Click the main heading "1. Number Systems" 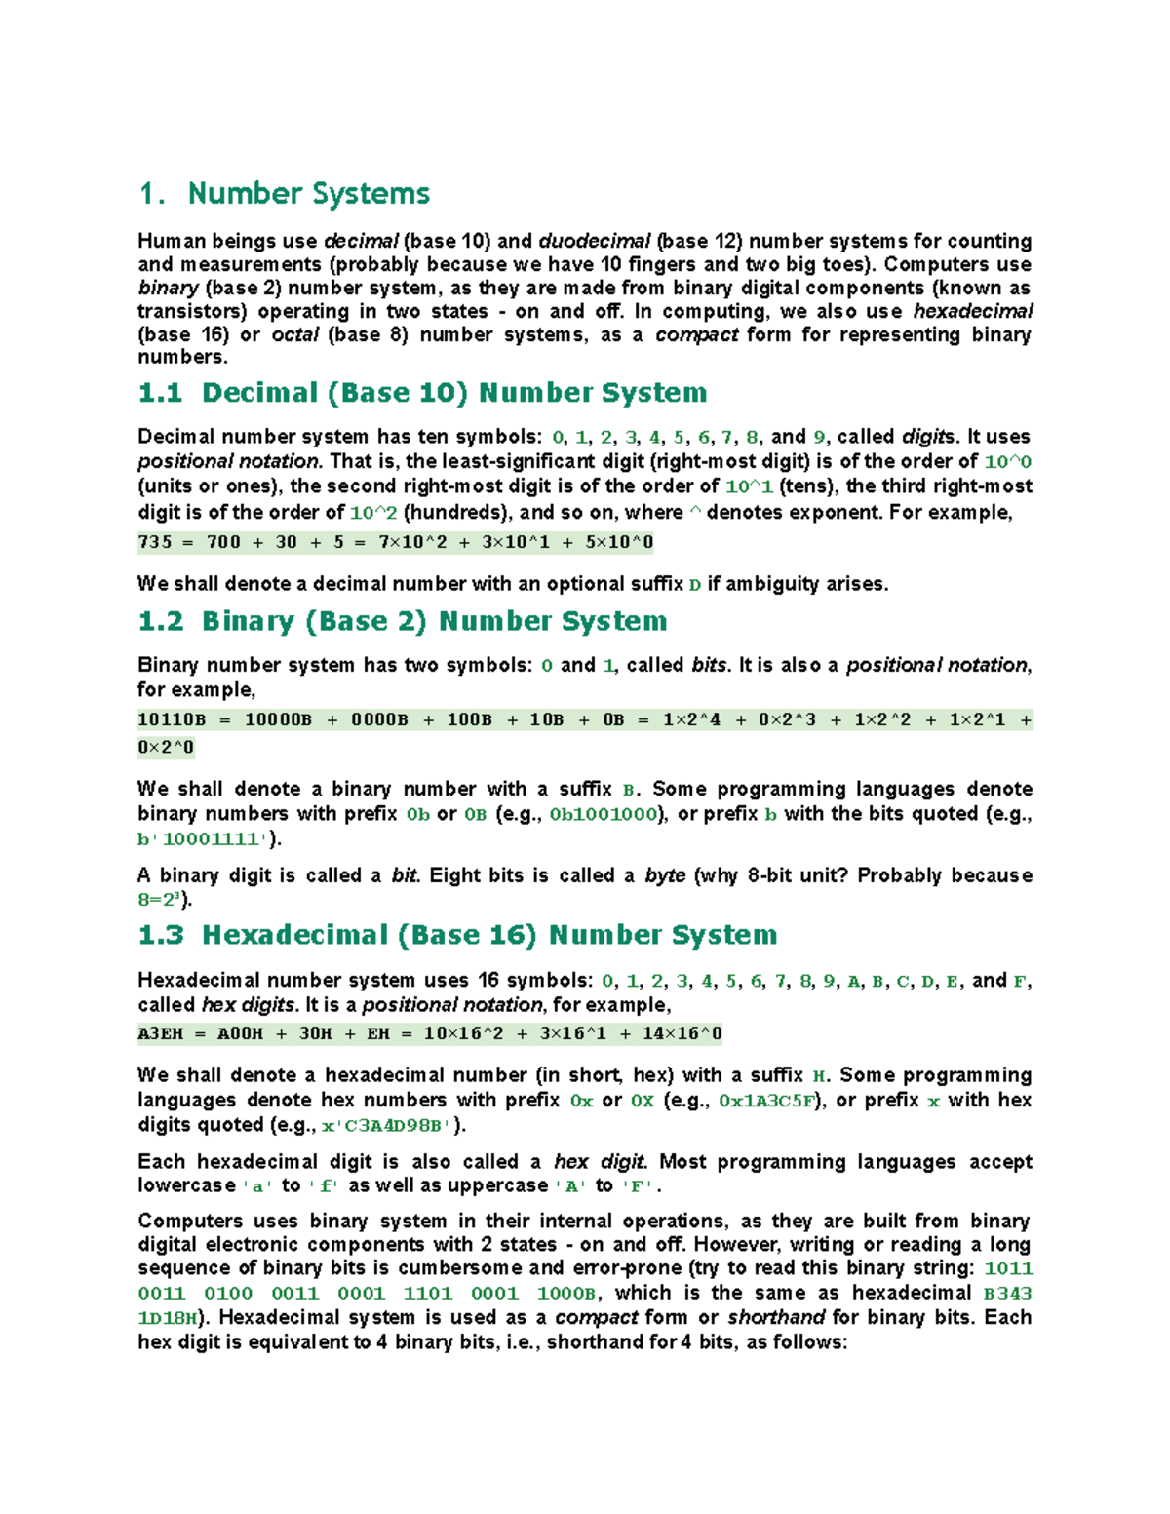284,193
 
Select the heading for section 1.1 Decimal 422,393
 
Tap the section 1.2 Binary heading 403,621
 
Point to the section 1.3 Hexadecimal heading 457,935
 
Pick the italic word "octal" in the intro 295,334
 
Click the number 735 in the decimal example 155,542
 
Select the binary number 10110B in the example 172,719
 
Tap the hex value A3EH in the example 160,1033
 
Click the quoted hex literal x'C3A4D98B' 386,1125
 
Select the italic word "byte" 665,875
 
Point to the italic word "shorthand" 776,1317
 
